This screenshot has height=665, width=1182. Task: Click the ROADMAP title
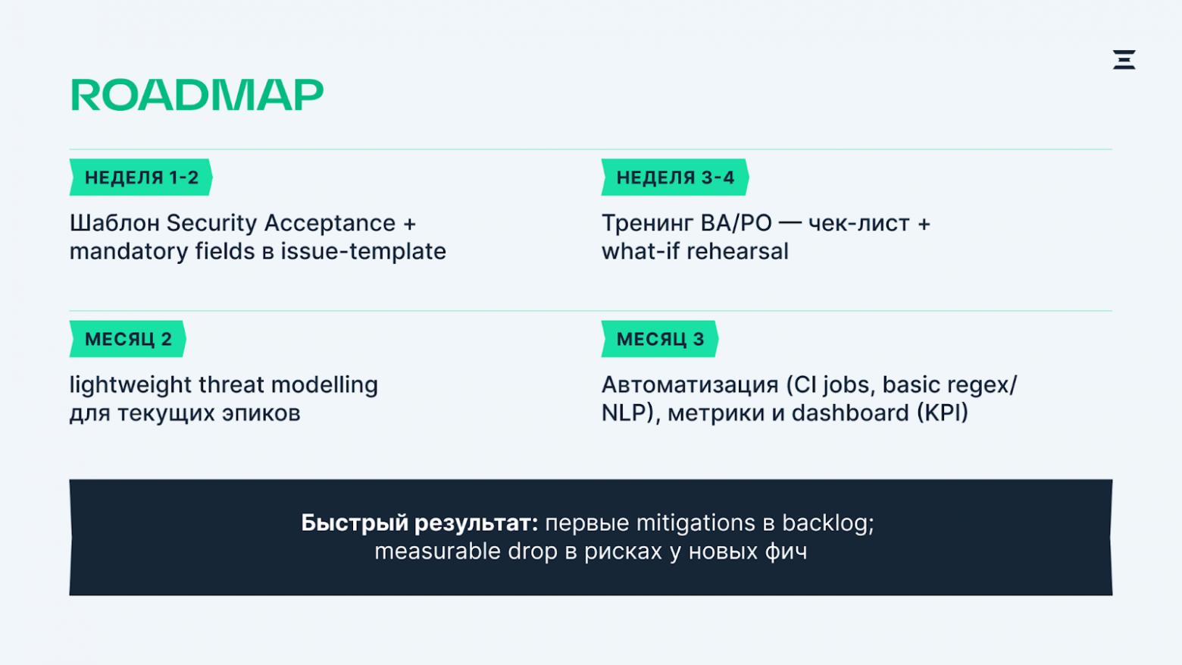click(x=196, y=96)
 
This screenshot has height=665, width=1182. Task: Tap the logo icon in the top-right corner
click(x=1124, y=59)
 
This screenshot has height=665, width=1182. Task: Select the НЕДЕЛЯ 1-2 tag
click(x=141, y=177)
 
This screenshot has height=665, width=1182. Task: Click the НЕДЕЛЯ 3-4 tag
click(x=674, y=177)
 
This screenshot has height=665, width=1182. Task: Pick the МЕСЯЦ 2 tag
click(x=128, y=339)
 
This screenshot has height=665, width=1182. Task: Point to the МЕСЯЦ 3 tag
click(x=659, y=339)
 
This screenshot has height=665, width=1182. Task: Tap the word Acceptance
click(x=330, y=224)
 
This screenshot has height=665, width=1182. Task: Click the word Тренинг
click(x=647, y=224)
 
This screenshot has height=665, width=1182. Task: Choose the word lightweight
click(x=130, y=385)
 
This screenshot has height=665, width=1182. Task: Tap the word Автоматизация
click(x=689, y=385)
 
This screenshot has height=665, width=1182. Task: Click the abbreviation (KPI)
click(x=942, y=413)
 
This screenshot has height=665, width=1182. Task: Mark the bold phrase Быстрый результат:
click(x=419, y=523)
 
